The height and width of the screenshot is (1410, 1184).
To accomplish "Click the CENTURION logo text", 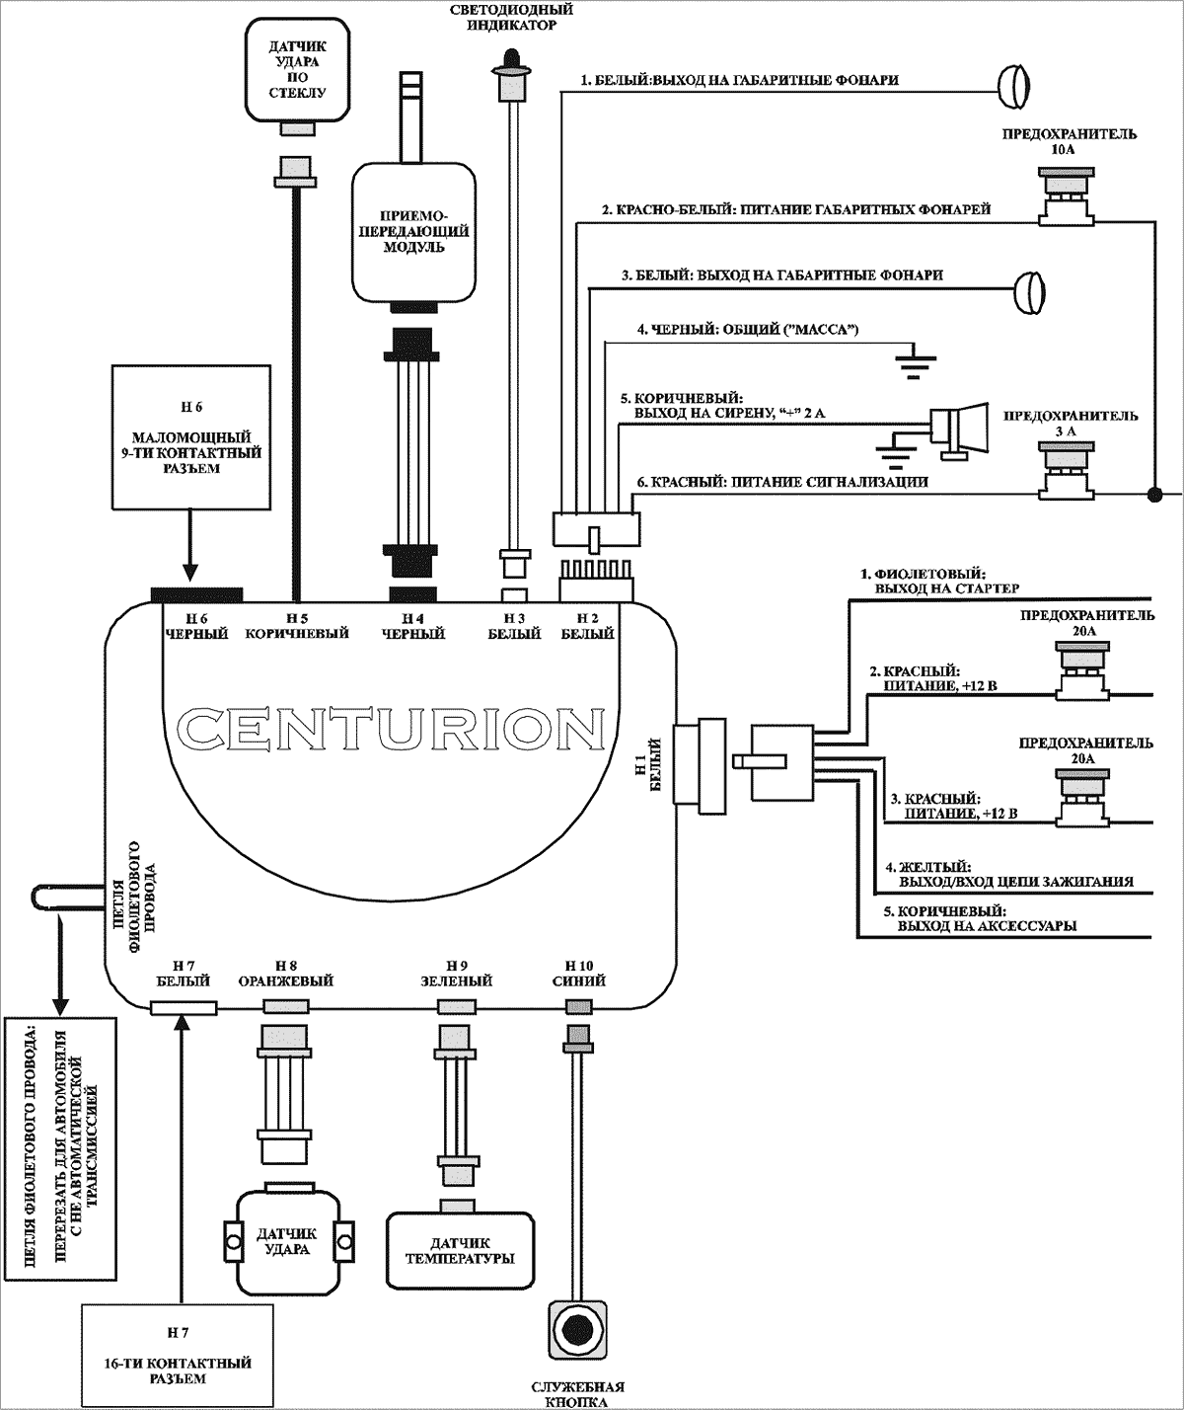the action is (x=391, y=730).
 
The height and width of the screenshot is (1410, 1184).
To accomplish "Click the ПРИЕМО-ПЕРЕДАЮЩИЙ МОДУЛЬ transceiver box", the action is (x=413, y=231).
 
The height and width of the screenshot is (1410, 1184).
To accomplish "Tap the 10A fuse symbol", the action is (x=1067, y=196).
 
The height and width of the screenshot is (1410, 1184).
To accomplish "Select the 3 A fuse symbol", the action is (x=1067, y=471).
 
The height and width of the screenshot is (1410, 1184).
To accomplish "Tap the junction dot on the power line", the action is (x=1155, y=496).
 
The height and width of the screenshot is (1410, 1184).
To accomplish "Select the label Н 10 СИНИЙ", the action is (x=578, y=974).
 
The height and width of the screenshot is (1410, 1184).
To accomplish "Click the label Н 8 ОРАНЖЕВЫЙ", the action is (x=285, y=974).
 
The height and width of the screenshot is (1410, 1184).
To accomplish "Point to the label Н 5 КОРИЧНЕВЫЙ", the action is (x=296, y=625).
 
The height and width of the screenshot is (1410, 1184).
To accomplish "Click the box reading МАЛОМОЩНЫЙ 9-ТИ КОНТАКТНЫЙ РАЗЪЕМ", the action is (x=191, y=436).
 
